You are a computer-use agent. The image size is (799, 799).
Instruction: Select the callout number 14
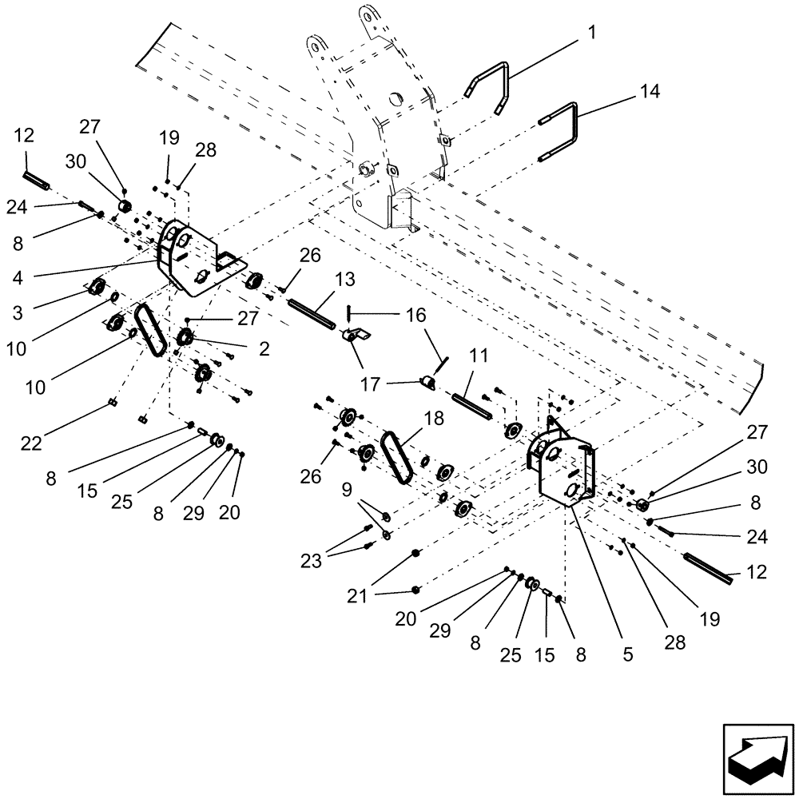pos(650,92)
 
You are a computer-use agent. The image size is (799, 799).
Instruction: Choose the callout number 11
pos(479,356)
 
